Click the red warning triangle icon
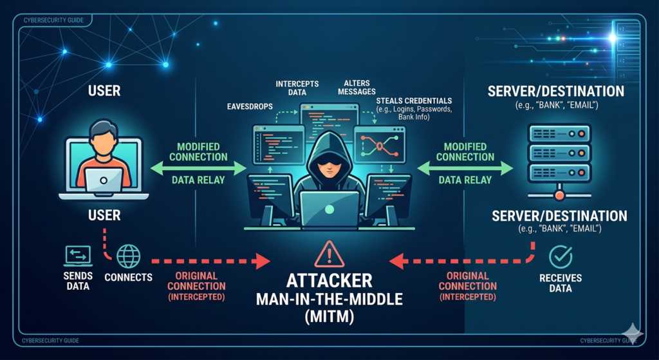pyautogui.click(x=329, y=255)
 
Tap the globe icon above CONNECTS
pyautogui.click(x=128, y=256)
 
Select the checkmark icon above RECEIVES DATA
pyautogui.click(x=561, y=256)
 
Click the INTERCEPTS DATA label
pyautogui.click(x=297, y=88)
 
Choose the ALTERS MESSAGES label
pyautogui.click(x=357, y=87)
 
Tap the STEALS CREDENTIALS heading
pyautogui.click(x=414, y=101)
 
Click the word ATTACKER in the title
pyautogui.click(x=329, y=281)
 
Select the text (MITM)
pyautogui.click(x=329, y=316)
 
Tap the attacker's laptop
pyautogui.click(x=329, y=209)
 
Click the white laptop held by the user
pyautogui.click(x=104, y=180)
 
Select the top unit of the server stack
pyautogui.click(x=559, y=133)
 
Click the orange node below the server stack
pyautogui.click(x=559, y=194)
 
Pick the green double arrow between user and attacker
pyautogui.click(x=198, y=168)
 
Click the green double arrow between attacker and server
pyautogui.click(x=465, y=168)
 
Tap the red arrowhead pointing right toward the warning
pyautogui.click(x=263, y=261)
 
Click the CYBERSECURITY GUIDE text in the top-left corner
pyautogui.click(x=54, y=20)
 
